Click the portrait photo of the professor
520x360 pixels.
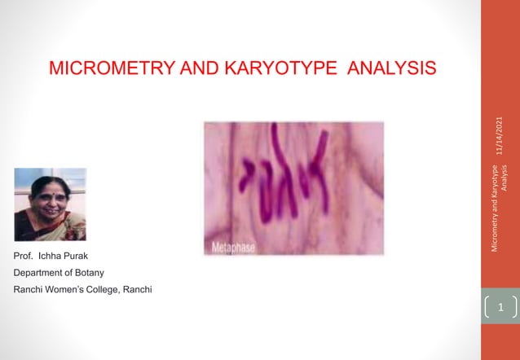tap(50, 204)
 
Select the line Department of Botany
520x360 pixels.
tap(64, 273)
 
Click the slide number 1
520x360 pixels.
tap(500, 308)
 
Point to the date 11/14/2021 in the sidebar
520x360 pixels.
tap(499, 135)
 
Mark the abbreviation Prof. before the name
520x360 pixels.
tap(23, 257)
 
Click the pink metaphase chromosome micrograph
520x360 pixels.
tap(293, 187)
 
